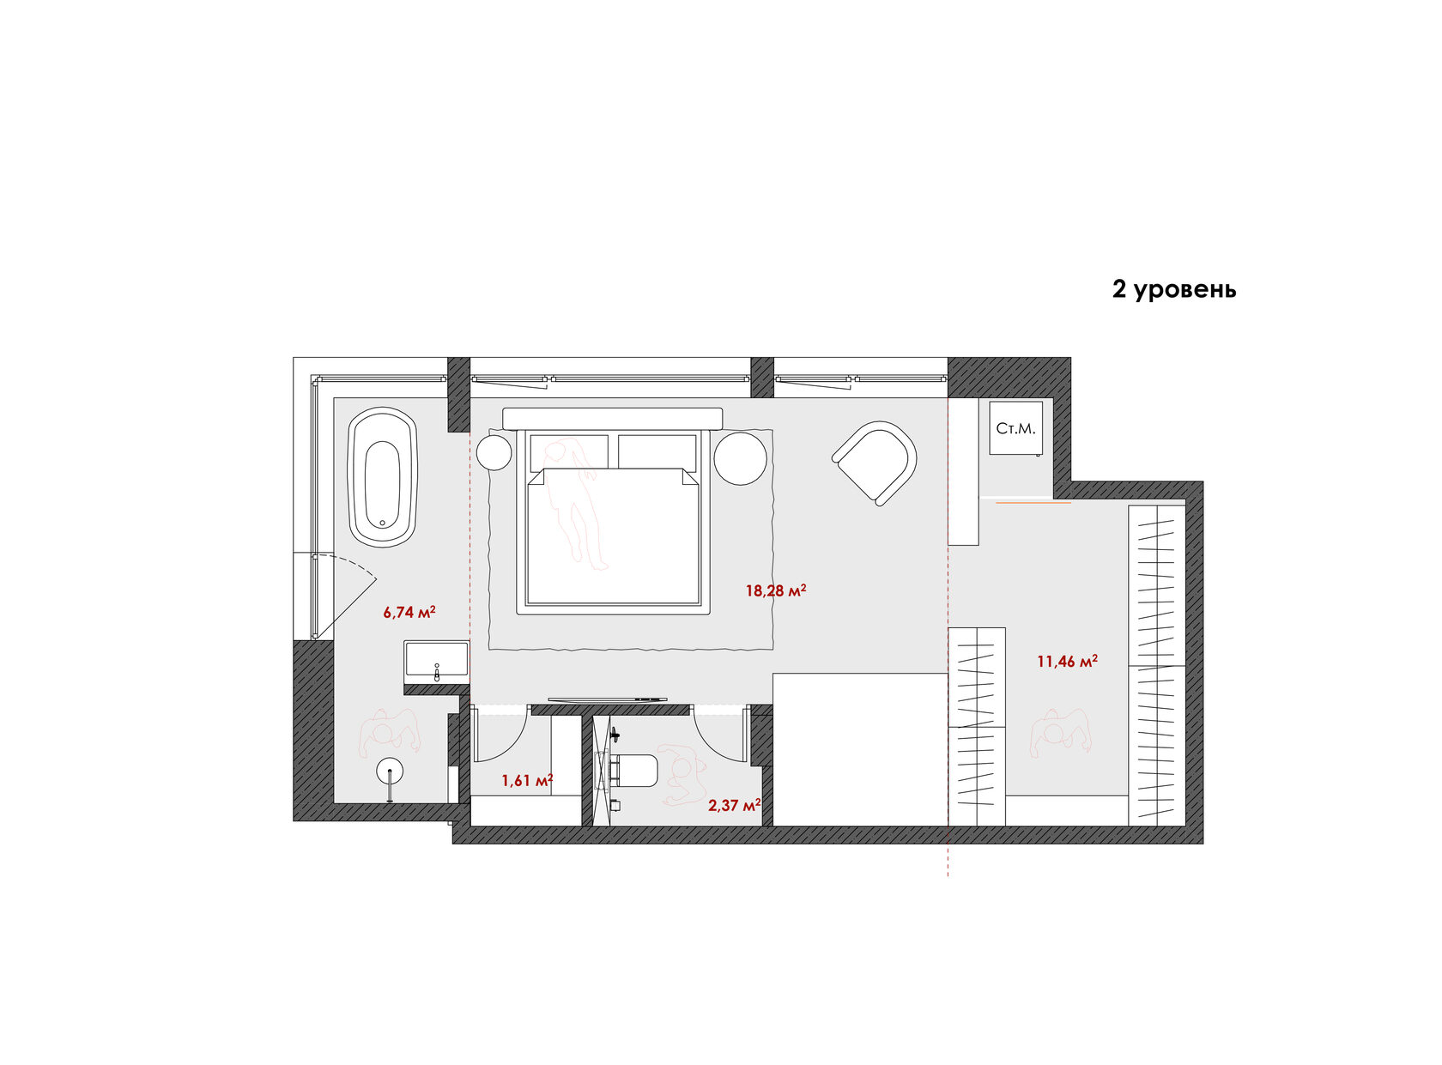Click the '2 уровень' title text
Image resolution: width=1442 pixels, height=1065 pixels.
tap(1173, 289)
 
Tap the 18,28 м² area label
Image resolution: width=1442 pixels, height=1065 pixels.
tap(776, 590)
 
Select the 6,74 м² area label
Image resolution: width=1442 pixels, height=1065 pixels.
tap(409, 612)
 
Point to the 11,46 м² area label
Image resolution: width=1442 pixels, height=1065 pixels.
tap(1067, 662)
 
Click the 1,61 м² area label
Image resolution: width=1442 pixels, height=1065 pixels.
tap(527, 780)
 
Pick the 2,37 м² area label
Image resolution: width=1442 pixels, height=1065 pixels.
tap(734, 806)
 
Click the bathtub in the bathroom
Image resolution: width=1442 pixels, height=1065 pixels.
tap(382, 476)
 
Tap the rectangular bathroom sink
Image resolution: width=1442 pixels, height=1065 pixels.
tap(435, 661)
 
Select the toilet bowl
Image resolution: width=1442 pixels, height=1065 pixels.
tap(634, 771)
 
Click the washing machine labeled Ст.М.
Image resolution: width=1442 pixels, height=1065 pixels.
tap(1015, 427)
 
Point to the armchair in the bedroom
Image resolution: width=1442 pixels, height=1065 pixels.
tap(875, 462)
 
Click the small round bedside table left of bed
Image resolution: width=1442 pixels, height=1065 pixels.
tap(494, 452)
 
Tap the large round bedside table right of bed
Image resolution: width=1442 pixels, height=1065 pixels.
tap(740, 457)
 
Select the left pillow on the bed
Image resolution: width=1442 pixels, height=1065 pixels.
tap(569, 452)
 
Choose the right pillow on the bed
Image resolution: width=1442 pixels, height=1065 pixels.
tap(657, 452)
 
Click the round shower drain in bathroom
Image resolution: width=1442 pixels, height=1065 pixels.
tap(390, 772)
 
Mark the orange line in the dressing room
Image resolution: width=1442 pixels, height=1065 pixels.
tap(1033, 503)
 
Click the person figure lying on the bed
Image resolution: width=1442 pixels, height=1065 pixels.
tap(576, 503)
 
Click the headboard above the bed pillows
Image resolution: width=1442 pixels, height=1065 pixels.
tap(613, 419)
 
